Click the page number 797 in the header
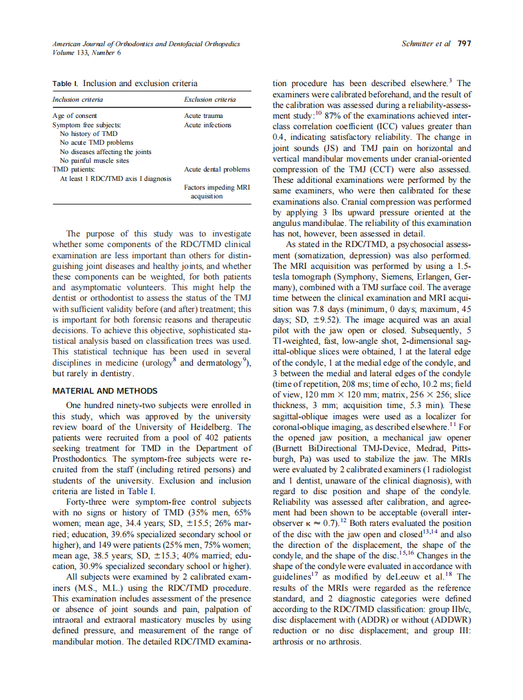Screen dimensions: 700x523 coord(464,44)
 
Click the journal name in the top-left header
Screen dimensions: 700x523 coord(145,44)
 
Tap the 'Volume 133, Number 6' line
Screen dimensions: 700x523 coord(87,52)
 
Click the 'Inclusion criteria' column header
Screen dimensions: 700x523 coord(77,99)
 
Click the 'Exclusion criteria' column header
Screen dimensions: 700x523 coord(210,99)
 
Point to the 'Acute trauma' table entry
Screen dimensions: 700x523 coord(203,116)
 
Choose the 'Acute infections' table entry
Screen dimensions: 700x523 coord(207,125)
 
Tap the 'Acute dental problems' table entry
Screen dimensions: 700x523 coord(217,169)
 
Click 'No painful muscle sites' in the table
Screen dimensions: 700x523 coord(94,160)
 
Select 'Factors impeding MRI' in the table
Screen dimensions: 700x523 coord(217,187)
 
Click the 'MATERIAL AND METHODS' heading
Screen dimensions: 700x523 coord(105,391)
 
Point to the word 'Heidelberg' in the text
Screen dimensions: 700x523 coord(211,427)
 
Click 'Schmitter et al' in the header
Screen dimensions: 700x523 coord(427,44)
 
